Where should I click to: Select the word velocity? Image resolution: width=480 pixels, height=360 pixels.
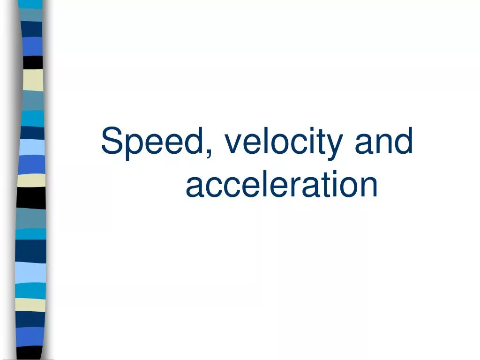tap(283, 143)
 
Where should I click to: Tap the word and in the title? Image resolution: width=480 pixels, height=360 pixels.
tap(384, 141)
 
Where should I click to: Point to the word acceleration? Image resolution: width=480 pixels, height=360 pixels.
tap(282, 184)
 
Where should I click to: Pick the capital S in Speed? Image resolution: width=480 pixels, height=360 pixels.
tap(112, 141)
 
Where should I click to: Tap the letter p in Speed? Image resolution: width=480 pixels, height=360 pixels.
tap(134, 147)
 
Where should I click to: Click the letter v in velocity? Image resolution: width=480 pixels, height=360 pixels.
tap(234, 143)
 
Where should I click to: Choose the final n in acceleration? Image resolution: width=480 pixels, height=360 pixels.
tap(369, 187)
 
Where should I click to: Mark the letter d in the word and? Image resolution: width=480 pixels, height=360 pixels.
tap(404, 141)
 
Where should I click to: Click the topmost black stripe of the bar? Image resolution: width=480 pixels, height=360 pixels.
tap(33, 62)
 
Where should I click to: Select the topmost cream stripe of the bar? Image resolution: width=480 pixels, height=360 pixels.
tap(33, 80)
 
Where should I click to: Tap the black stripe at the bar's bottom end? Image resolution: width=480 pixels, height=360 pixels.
tap(29, 353)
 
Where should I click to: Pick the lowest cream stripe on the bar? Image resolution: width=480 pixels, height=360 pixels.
tap(30, 305)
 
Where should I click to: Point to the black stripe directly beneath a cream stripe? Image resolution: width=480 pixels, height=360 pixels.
tap(31, 198)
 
